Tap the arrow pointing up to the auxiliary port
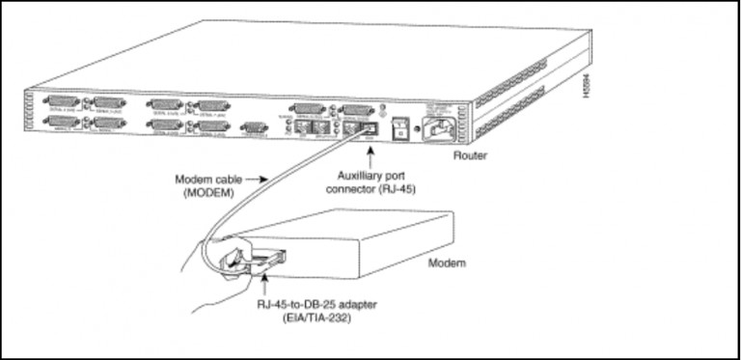pos(369,155)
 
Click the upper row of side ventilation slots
pos(526,91)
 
